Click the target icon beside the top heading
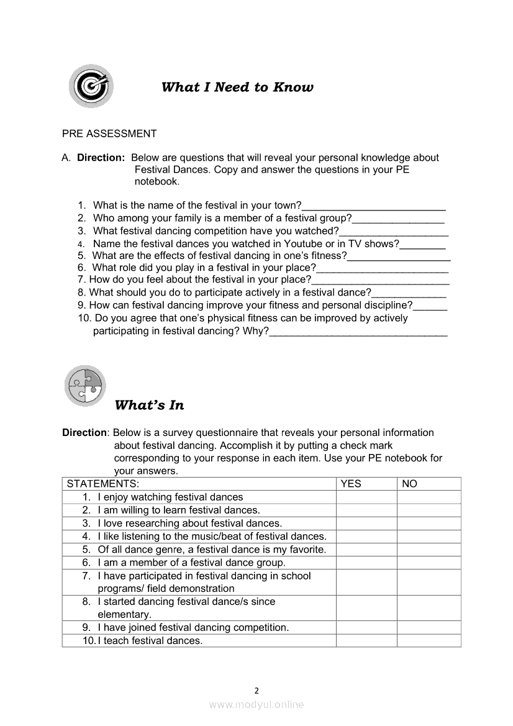click(x=91, y=85)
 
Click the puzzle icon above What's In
click(x=85, y=386)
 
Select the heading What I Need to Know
click(x=237, y=87)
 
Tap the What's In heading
click(x=150, y=406)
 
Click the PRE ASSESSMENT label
click(x=109, y=134)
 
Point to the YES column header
click(x=351, y=484)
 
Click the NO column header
click(x=409, y=484)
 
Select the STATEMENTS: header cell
click(x=103, y=484)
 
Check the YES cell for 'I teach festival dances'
click(x=366, y=640)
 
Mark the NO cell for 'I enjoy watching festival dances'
click(x=429, y=497)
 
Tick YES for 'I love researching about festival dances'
click(x=366, y=523)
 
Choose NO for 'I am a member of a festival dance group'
click(x=429, y=563)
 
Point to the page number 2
click(x=256, y=690)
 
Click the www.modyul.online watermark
click(x=256, y=705)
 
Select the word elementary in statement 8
click(x=124, y=615)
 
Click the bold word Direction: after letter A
click(x=101, y=158)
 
